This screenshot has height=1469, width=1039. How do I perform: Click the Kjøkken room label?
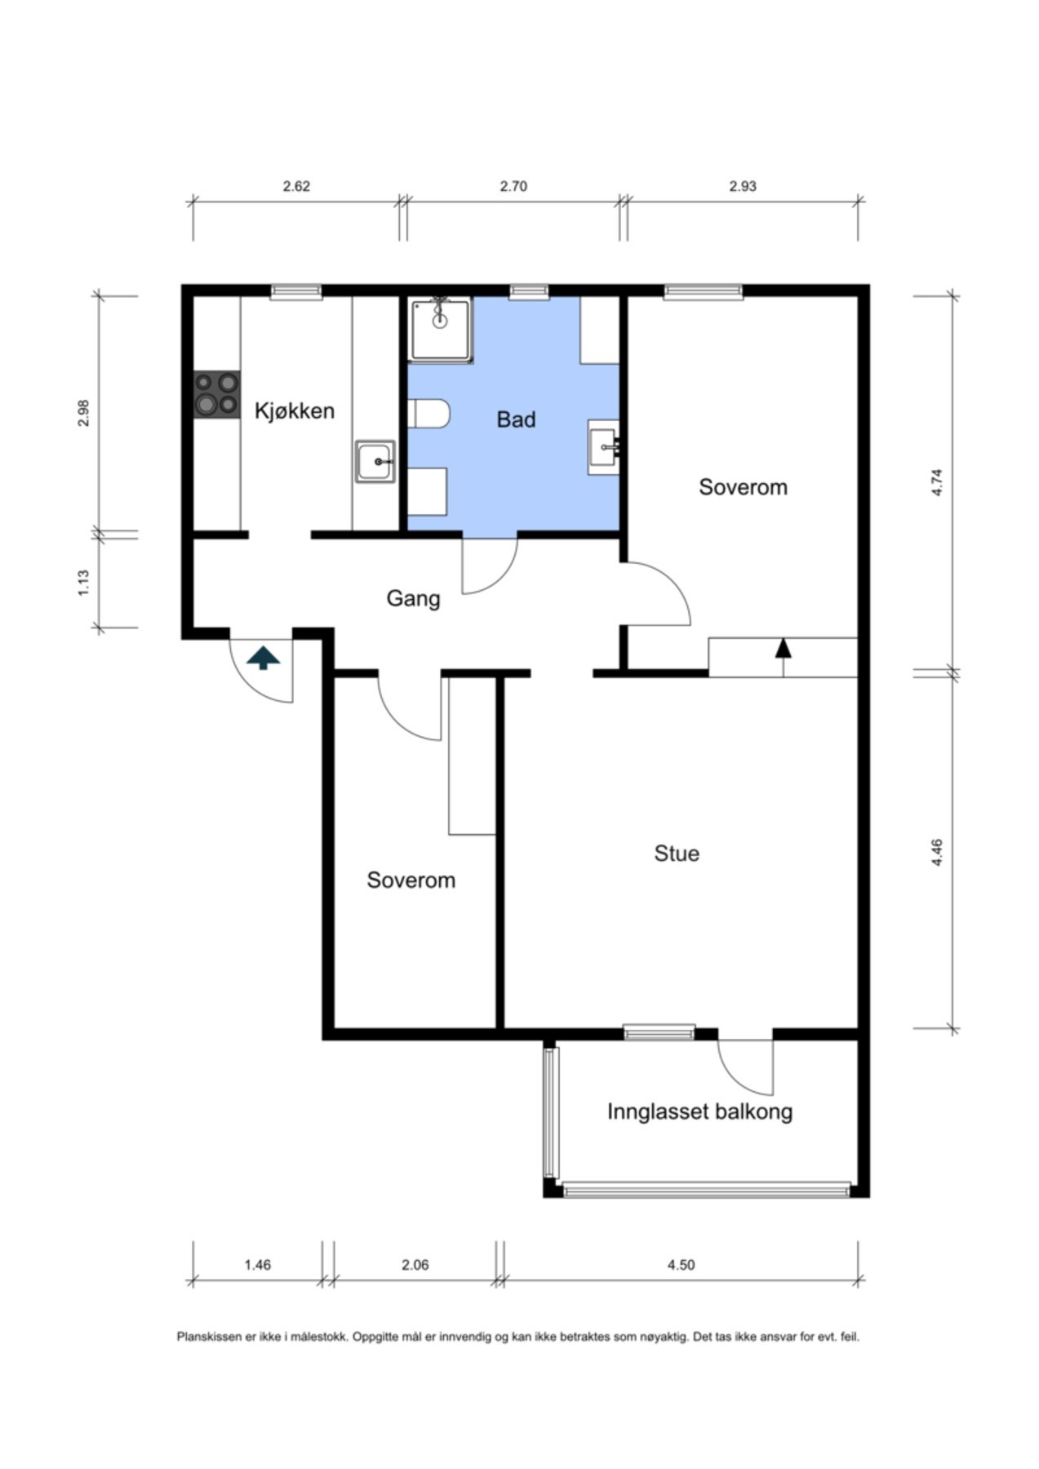tap(295, 411)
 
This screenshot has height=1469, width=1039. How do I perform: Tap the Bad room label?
tap(516, 419)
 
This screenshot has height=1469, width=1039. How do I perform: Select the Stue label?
tap(677, 854)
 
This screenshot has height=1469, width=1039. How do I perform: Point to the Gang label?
tap(413, 599)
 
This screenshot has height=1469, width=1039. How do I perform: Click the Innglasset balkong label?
tap(699, 1112)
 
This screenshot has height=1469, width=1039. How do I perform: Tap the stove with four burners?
tap(217, 395)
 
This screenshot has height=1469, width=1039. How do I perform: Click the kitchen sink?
tap(375, 461)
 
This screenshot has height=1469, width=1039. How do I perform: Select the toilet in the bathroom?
tap(428, 414)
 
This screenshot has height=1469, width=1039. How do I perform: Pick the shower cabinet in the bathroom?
tap(441, 330)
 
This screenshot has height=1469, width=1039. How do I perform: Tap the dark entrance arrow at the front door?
tap(263, 658)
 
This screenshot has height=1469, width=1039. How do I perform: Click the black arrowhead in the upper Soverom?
tap(784, 647)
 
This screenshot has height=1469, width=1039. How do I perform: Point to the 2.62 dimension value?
tap(296, 186)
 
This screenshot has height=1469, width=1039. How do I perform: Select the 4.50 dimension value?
tap(681, 1265)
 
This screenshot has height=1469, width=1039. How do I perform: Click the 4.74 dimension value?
tap(937, 482)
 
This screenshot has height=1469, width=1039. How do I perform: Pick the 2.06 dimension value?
tap(415, 1265)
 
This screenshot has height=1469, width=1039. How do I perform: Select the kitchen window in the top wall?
tap(296, 291)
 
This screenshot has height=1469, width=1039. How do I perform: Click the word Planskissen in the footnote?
tap(209, 1337)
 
